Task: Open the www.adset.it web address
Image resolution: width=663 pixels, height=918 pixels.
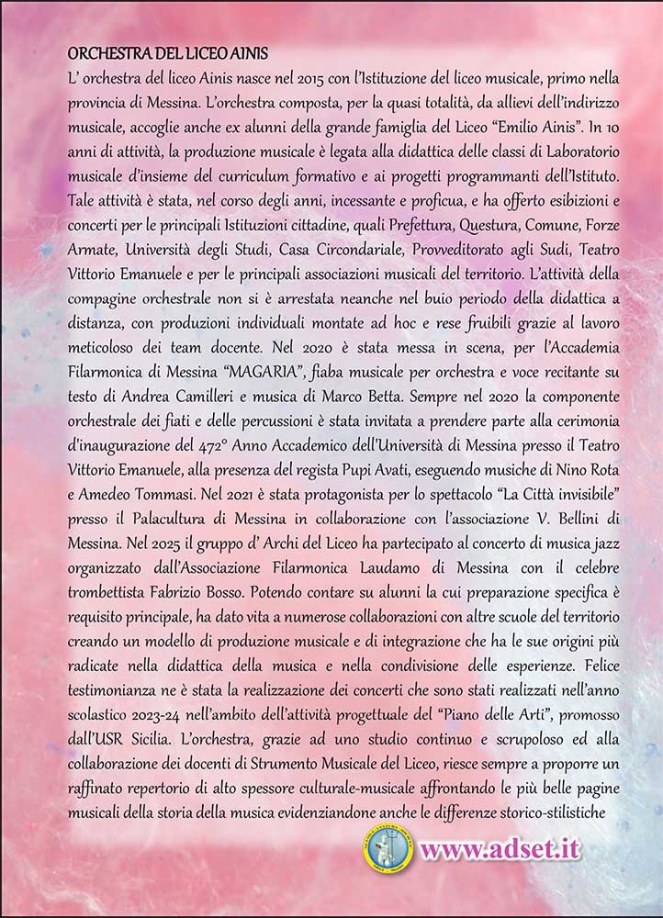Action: pyautogui.click(x=500, y=847)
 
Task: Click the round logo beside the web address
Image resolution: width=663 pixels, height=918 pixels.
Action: pyautogui.click(x=387, y=848)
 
